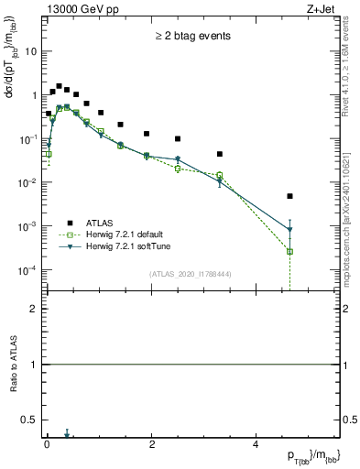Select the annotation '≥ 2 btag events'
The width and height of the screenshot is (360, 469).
pyautogui.click(x=192, y=37)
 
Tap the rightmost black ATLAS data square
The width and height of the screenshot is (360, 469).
pyautogui.click(x=289, y=196)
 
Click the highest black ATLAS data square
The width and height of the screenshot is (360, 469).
pyautogui.click(x=59, y=86)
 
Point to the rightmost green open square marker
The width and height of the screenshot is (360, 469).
pyautogui.click(x=289, y=251)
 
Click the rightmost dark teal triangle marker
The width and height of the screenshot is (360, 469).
pyautogui.click(x=289, y=230)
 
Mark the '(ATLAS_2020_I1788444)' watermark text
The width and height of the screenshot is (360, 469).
pyautogui.click(x=189, y=273)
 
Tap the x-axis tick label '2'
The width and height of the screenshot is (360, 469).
pyautogui.click(x=151, y=445)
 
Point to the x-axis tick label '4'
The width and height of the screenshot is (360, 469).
pyautogui.click(x=256, y=445)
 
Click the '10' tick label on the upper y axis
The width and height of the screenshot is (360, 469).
pyautogui.click(x=31, y=51)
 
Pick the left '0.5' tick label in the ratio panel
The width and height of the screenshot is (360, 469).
pyautogui.click(x=31, y=420)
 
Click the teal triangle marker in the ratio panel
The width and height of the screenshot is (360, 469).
pyautogui.click(x=67, y=436)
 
